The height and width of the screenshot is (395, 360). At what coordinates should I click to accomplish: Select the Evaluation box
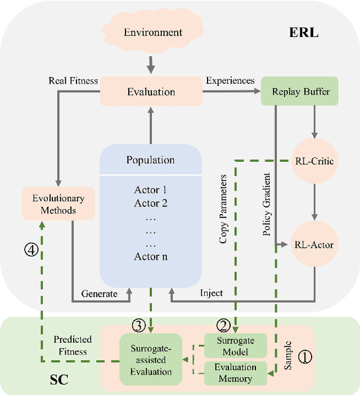(150, 92)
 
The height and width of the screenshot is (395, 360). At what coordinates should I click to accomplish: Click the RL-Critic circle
(314, 161)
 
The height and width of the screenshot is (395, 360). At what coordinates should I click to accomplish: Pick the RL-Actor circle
(314, 244)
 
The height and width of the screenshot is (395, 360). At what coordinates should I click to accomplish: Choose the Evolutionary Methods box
(49, 204)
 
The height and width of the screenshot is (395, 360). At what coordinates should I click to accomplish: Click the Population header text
(150, 160)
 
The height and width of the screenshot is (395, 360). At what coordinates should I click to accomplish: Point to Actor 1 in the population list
(150, 190)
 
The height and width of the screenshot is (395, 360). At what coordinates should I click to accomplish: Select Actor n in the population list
(150, 257)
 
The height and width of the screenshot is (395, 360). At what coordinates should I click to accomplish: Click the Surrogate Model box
(236, 346)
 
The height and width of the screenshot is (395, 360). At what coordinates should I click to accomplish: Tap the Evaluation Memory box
(236, 373)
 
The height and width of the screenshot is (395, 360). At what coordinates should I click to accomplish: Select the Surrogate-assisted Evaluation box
(151, 359)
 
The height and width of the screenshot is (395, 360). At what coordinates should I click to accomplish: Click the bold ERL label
(304, 32)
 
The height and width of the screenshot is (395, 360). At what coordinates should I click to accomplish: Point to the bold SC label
(56, 380)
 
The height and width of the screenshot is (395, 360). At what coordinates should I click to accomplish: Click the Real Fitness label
(73, 81)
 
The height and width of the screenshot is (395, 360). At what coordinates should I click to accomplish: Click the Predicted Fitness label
(71, 346)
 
